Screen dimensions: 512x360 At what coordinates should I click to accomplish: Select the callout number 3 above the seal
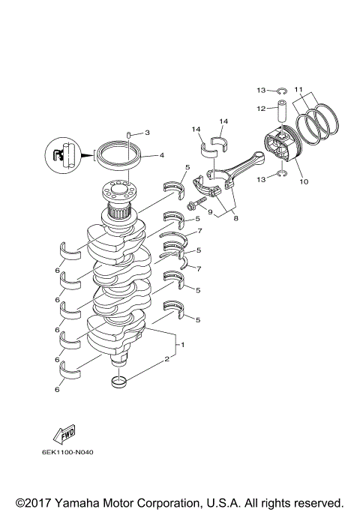click(x=147, y=133)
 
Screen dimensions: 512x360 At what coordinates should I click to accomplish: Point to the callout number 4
click(x=161, y=156)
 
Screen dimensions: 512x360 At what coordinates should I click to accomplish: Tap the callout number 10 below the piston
click(x=303, y=181)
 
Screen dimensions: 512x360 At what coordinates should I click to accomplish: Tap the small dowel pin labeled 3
click(x=129, y=135)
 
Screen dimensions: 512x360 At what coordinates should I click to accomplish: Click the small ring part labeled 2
click(x=118, y=384)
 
